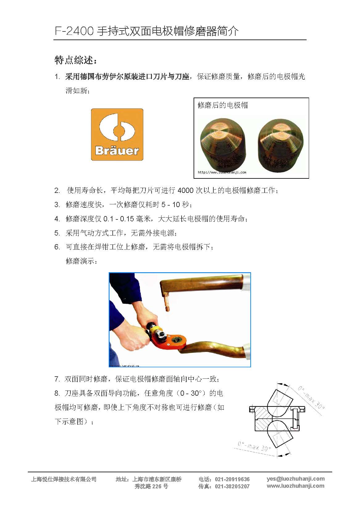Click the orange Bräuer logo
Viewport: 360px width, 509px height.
pyautogui.click(x=117, y=134)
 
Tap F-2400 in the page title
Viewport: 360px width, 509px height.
pyautogui.click(x=74, y=31)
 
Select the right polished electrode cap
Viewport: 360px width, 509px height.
pyautogui.click(x=281, y=143)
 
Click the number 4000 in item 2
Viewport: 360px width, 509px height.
pyautogui.click(x=185, y=190)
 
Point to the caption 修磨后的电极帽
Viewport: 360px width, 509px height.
pyautogui.click(x=223, y=105)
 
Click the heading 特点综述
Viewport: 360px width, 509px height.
pyautogui.click(x=76, y=60)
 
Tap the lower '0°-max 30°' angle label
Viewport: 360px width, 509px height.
pyautogui.click(x=254, y=446)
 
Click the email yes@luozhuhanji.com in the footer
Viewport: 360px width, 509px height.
pyautogui.click(x=296, y=479)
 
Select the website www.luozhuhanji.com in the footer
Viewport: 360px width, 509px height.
pyautogui.click(x=296, y=486)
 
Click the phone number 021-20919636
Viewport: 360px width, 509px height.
pyautogui.click(x=232, y=479)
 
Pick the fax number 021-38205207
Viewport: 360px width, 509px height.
pyautogui.click(x=232, y=486)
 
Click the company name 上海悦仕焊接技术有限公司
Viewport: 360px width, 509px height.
pyautogui.click(x=64, y=479)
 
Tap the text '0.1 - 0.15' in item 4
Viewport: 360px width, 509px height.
pyautogui.click(x=119, y=219)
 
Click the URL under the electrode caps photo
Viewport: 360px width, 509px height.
pyautogui.click(x=222, y=173)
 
